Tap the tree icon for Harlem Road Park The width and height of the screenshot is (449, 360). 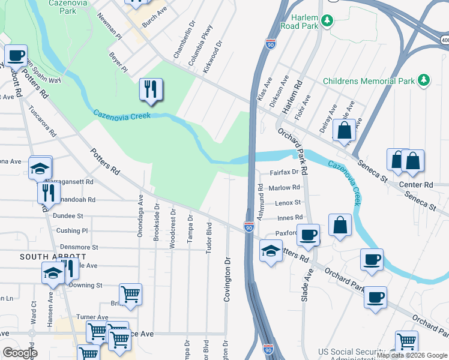[327, 22]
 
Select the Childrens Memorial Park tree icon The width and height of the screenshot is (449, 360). [424, 80]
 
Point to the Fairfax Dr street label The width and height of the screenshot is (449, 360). [284, 172]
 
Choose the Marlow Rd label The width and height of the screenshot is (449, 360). [284, 188]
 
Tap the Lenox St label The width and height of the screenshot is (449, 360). [288, 203]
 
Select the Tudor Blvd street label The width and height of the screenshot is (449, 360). [209, 238]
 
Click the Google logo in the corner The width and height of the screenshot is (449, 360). [19, 353]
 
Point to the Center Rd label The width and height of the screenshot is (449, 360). [420, 185]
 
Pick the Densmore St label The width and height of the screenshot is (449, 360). [77, 247]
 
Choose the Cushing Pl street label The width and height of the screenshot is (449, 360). [72, 230]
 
